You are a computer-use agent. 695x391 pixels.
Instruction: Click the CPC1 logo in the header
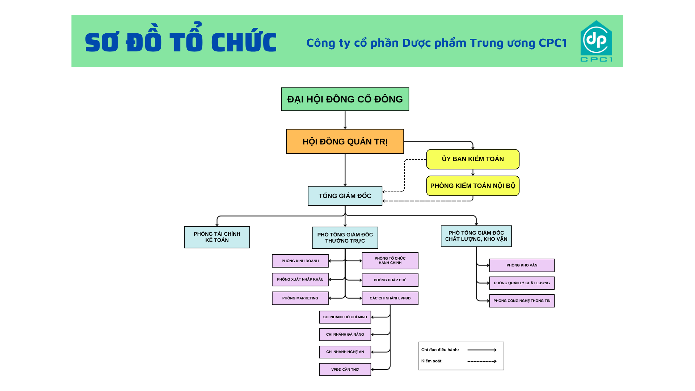coord(596,41)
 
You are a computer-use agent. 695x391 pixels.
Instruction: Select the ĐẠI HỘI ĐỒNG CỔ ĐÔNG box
coord(345,99)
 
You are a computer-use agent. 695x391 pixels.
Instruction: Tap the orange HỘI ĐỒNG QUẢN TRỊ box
coord(345,142)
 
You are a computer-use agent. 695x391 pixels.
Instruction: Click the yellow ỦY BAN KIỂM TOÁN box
coord(473,159)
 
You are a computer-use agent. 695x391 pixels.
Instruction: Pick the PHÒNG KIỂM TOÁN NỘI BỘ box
coord(473,186)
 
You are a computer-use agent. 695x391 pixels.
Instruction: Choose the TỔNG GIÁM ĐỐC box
coord(345,196)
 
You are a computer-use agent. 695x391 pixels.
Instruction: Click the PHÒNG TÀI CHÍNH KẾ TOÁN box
coord(217,237)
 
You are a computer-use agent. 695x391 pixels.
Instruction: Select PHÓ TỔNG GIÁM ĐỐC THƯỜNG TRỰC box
coord(345,238)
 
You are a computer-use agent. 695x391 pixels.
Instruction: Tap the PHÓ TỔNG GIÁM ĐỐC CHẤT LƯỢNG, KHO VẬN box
coord(476,236)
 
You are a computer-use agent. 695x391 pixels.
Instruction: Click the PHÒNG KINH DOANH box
coord(300,261)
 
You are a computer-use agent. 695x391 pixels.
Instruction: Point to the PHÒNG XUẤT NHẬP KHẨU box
coord(300,279)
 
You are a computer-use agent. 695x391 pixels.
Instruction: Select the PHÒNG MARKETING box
coord(300,298)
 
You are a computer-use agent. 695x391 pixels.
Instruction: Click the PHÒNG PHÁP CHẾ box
coord(390,280)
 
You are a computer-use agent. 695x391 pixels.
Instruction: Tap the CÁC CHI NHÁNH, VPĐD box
coord(390,298)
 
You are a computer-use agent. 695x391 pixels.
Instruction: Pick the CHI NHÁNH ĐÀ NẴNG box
coord(345,335)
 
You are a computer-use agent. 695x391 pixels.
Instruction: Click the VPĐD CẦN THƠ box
coord(345,370)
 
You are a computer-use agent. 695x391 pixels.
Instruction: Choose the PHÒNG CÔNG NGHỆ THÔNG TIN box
coord(522,301)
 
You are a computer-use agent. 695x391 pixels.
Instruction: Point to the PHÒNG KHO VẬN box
coord(522,265)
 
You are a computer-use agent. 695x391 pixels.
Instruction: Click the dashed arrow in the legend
coord(482,361)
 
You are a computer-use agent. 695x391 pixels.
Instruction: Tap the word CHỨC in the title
coord(244,42)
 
